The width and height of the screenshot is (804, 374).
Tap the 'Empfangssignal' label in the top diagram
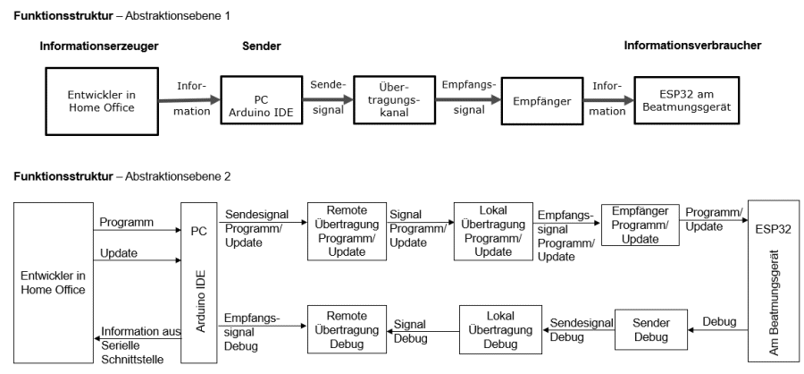pos(469,96)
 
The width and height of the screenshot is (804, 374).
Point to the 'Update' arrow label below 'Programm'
pos(120,254)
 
